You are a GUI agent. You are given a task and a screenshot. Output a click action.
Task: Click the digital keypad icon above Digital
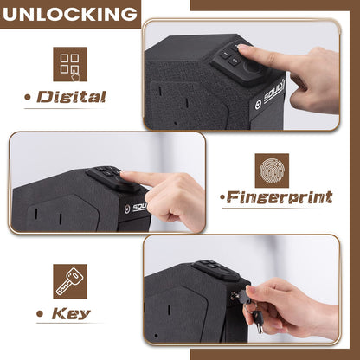point(70,64)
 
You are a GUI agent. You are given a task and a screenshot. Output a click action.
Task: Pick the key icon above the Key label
point(70,281)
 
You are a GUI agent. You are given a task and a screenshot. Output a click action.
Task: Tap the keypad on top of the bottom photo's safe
point(209,269)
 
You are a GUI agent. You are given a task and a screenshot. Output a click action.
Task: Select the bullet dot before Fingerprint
point(223,198)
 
